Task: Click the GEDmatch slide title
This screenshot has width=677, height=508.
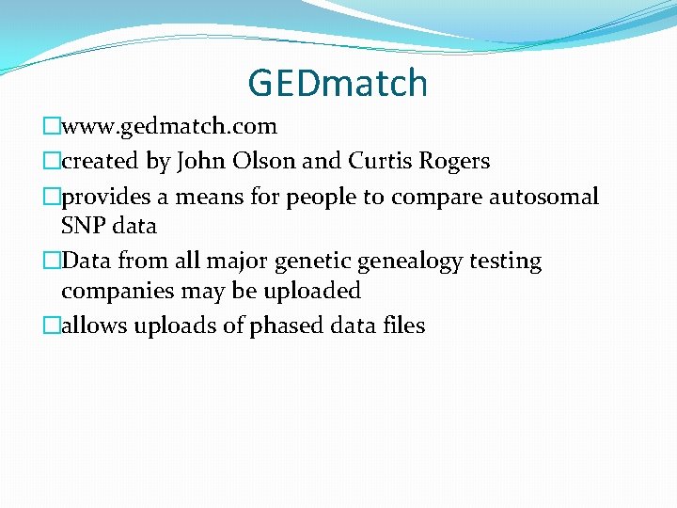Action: click(x=338, y=83)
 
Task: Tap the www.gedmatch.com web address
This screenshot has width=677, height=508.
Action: click(x=169, y=126)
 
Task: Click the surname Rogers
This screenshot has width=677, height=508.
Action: click(x=456, y=162)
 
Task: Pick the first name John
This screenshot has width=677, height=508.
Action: click(x=198, y=161)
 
